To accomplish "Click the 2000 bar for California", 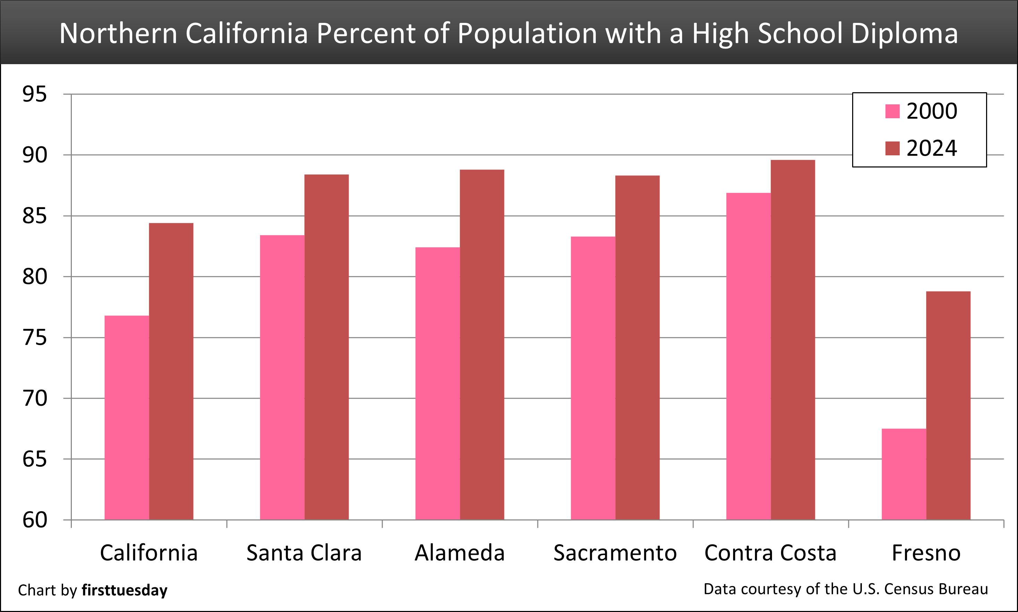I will point(126,417).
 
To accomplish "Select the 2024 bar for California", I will point(171,371).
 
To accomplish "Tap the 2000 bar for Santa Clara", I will point(282,377).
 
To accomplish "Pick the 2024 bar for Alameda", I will point(482,344).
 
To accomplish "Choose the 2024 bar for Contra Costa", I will point(793,339).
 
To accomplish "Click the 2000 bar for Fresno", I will point(904,474).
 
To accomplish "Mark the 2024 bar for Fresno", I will point(948,405).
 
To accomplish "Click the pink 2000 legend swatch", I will point(892,111).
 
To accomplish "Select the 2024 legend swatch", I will point(892,148).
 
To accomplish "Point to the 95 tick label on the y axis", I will point(35,94).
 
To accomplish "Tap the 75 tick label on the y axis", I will point(35,338).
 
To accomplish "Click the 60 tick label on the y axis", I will point(35,520).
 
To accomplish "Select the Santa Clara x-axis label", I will point(304,553).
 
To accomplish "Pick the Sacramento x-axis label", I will point(615,553).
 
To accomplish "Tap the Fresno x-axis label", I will point(926,553).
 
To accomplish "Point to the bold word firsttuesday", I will point(125,590).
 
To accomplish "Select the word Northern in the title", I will point(118,33).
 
